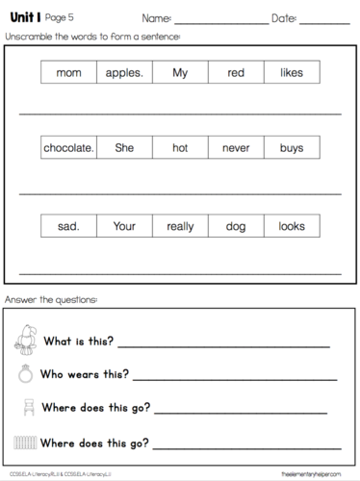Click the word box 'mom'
coord(69,73)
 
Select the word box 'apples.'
coord(124,73)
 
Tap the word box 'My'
coord(180,73)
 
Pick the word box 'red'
coord(236,73)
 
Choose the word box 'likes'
coord(292,73)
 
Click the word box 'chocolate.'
coord(69,149)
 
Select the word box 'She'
coord(124,149)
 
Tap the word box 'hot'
coord(180,149)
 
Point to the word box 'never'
coord(236,149)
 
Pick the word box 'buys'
coord(292,149)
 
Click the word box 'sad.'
coord(69,227)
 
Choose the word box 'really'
coord(180,227)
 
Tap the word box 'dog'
coord(236,227)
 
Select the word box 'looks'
coord(292,227)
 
